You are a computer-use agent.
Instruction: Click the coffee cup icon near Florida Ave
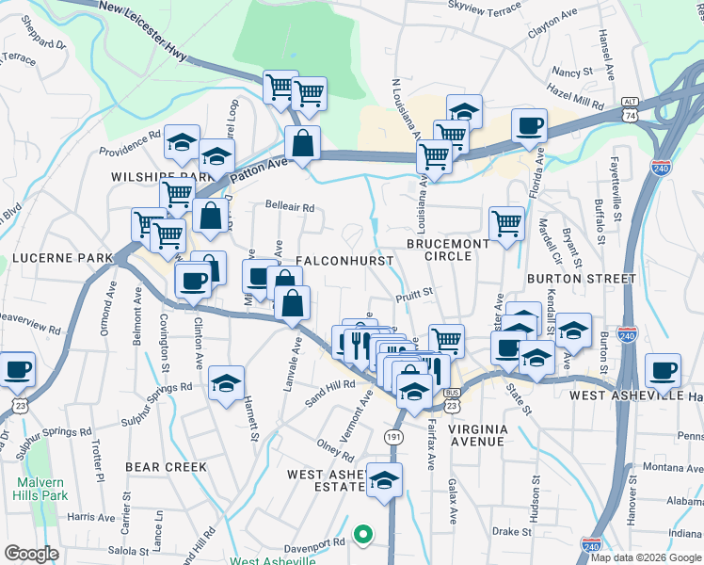point(529,126)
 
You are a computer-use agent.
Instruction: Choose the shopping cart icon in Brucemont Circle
point(506,224)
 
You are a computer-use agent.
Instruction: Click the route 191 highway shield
point(393,437)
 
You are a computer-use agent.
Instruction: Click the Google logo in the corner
point(31,554)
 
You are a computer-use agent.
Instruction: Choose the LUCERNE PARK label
point(56,257)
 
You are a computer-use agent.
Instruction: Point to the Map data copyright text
point(647,557)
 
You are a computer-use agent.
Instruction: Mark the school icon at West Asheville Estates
point(384,479)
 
